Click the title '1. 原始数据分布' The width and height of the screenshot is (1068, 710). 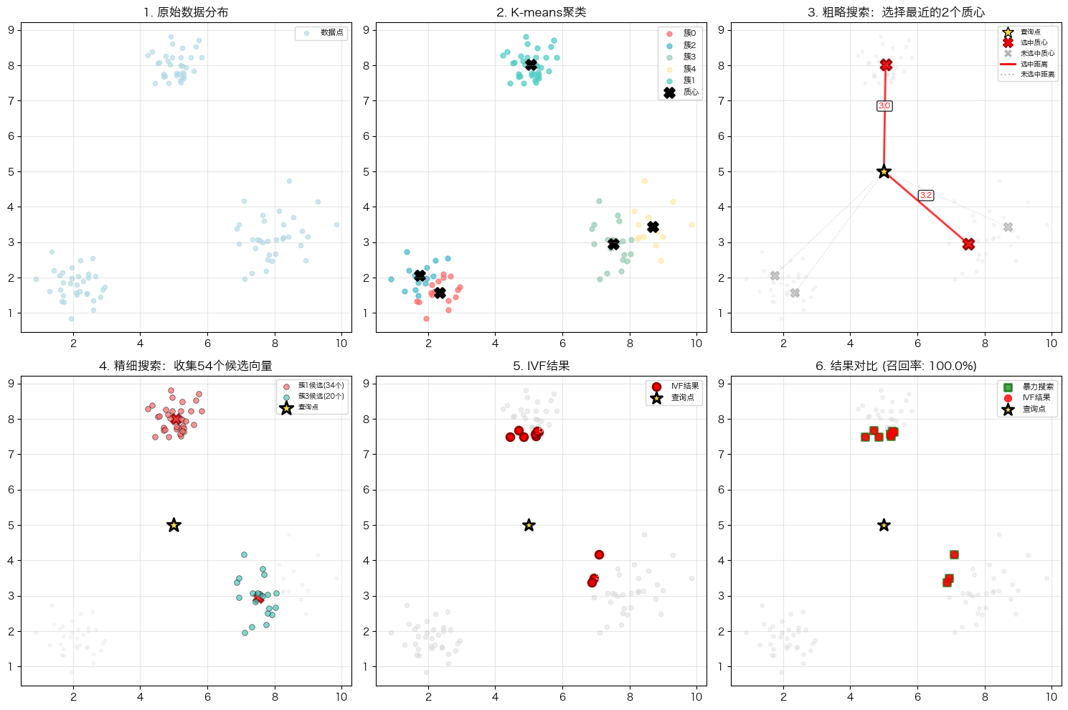click(186, 12)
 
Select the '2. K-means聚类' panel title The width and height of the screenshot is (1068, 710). click(541, 12)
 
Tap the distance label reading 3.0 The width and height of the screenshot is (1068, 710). click(884, 106)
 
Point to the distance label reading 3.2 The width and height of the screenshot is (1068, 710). click(926, 195)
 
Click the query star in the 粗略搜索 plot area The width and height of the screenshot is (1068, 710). click(884, 171)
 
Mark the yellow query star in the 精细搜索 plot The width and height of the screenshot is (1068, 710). click(174, 525)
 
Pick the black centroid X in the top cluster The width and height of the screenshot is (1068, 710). click(531, 65)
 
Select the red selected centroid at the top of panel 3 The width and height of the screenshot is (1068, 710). click(886, 65)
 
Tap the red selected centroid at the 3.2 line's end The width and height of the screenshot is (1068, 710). click(968, 244)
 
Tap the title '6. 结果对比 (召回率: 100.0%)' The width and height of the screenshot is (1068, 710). click(896, 366)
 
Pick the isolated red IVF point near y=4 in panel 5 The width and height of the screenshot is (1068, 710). click(599, 554)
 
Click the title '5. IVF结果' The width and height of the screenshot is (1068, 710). click(541, 366)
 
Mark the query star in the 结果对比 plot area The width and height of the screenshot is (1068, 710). click(884, 525)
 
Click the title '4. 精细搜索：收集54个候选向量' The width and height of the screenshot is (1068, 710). click(186, 366)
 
